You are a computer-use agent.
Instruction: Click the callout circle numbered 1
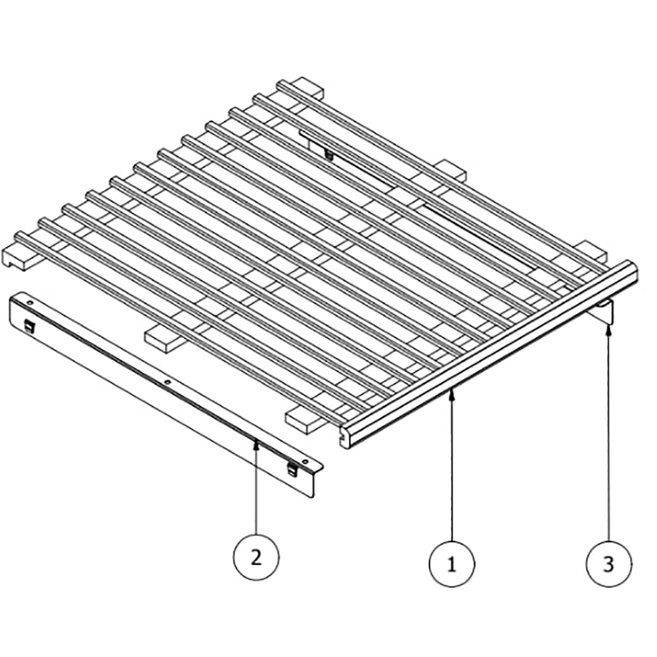[x=451, y=563]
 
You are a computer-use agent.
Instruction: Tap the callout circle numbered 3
[x=608, y=563]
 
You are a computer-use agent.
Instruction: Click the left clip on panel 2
[x=29, y=324]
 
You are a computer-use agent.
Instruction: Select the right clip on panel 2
[x=292, y=468]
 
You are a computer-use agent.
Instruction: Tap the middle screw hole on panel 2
[x=168, y=382]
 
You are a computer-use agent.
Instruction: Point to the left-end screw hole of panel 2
[x=30, y=302]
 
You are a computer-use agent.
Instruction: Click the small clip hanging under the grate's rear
[x=328, y=154]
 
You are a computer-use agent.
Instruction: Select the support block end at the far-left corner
[x=16, y=256]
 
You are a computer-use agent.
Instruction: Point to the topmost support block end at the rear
[x=309, y=85]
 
